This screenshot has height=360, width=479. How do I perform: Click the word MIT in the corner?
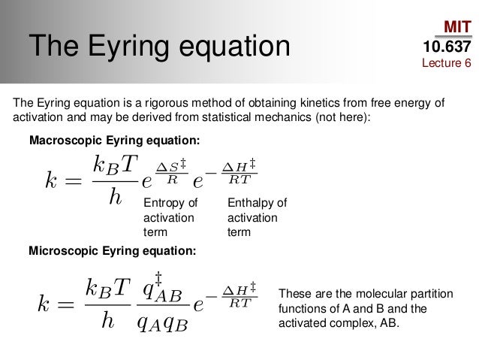456,28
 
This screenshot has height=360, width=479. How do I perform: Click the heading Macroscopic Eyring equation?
114,141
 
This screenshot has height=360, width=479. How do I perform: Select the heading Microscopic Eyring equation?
112,251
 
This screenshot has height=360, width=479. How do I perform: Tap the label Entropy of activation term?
170,217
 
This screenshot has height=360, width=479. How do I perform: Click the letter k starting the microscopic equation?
47,305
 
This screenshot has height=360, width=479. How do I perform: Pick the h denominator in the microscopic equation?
107,322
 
